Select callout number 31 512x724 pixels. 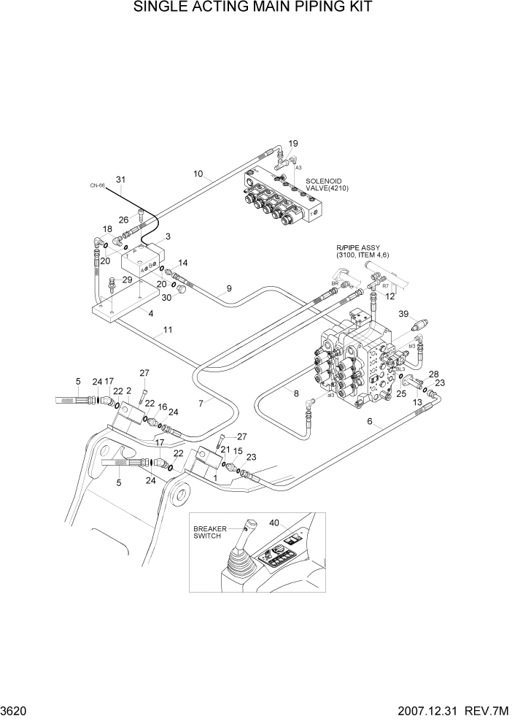pos(121,180)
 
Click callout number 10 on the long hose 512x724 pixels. pos(198,174)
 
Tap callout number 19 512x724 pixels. pos(294,143)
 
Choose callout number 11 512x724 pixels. pos(168,330)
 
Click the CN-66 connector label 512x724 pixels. pos(98,186)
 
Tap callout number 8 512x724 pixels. pos(296,394)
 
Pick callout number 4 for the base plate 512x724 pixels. pos(151,314)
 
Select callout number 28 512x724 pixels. pos(435,374)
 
